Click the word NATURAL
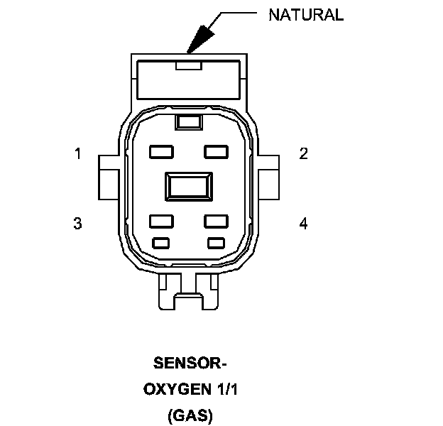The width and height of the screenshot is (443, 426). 305,15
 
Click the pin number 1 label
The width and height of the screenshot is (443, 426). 77,153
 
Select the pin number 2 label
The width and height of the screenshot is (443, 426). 303,153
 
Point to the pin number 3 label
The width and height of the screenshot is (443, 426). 77,224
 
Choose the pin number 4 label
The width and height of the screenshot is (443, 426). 303,224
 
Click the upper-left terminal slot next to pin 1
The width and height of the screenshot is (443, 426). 162,151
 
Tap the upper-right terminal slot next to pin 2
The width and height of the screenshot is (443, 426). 217,151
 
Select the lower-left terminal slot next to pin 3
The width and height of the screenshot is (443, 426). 162,221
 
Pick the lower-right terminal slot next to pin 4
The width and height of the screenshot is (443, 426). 217,221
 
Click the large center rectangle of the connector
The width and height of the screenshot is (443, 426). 189,187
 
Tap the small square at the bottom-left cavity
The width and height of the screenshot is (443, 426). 162,243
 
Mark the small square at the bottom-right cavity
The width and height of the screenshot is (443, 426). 217,243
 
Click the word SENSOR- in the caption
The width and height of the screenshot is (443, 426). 189,364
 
